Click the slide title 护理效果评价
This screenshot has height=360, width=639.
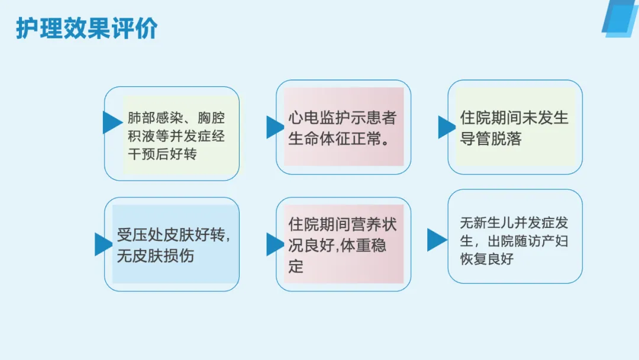[x=86, y=28]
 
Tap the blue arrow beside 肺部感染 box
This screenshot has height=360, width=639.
[x=111, y=122]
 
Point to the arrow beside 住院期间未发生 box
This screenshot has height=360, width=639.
[x=446, y=127]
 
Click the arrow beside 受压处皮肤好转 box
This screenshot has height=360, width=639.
[x=102, y=244]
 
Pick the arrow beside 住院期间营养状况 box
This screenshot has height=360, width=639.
[x=274, y=244]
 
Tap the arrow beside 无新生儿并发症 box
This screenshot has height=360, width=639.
[x=436, y=239]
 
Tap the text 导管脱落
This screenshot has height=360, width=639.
[x=491, y=140]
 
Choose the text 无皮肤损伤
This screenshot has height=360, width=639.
[x=155, y=257]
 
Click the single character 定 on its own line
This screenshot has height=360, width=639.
[x=296, y=266]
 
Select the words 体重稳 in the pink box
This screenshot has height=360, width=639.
[x=362, y=246]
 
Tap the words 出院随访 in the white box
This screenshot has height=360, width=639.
[x=515, y=242]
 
